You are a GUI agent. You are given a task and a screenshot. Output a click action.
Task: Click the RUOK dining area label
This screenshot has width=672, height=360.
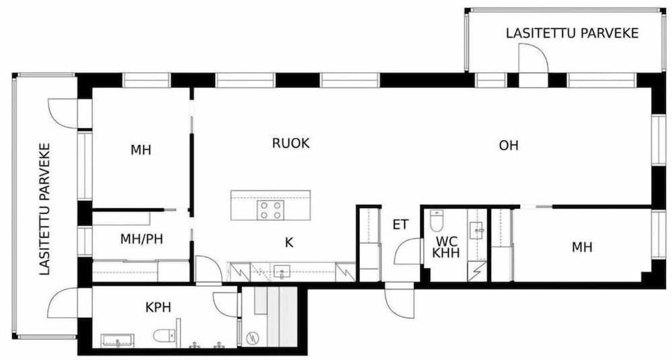(x=290, y=143)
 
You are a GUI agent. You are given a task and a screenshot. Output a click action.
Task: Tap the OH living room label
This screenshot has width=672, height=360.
(x=509, y=146)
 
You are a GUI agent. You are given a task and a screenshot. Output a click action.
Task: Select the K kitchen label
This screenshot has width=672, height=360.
(x=289, y=242)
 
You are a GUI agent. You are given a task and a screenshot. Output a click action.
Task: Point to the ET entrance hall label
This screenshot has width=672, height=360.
(x=401, y=224)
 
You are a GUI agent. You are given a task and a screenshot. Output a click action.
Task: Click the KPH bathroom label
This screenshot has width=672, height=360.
(x=158, y=308)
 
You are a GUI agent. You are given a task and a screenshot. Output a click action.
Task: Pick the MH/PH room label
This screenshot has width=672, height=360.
(x=141, y=239)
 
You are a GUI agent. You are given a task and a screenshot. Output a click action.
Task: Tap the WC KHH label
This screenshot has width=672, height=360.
(x=446, y=247)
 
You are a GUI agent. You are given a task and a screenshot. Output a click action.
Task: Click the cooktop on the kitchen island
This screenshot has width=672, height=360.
(x=271, y=210)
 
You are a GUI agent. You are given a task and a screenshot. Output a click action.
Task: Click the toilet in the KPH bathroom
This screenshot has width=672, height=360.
(x=164, y=336)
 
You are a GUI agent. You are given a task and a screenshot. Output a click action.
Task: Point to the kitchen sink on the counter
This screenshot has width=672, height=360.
(x=282, y=271)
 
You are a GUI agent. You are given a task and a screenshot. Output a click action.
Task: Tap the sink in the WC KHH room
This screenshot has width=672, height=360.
(x=476, y=230)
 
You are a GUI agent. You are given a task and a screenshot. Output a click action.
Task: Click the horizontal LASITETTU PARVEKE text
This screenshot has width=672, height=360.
(x=572, y=34)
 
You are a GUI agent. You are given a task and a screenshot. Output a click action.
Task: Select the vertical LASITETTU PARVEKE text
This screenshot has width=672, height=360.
(x=44, y=209)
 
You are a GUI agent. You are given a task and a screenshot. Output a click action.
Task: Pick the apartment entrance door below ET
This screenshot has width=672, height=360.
(x=399, y=302)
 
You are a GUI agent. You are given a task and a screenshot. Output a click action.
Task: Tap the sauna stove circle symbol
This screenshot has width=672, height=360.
(x=252, y=338)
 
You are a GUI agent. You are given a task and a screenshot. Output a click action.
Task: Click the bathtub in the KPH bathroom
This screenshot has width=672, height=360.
(x=118, y=341)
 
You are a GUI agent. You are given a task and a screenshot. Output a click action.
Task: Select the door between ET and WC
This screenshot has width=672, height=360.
(x=407, y=252)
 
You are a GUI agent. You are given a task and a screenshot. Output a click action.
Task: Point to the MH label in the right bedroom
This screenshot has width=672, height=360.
(x=582, y=247)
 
